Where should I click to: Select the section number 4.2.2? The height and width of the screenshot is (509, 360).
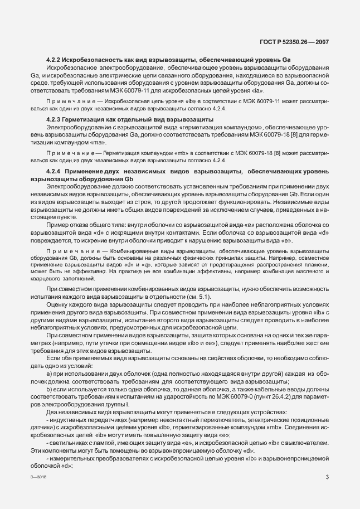53,59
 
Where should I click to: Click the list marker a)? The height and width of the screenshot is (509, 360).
50,372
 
